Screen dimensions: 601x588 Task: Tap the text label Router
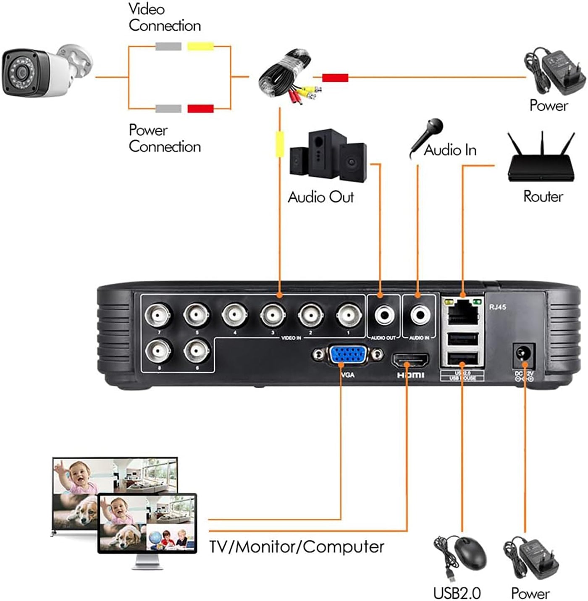[x=543, y=196]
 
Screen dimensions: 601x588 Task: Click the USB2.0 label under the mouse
[x=457, y=593]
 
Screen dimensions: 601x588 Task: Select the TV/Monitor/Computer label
[x=297, y=547]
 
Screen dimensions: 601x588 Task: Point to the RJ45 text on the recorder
[x=498, y=307]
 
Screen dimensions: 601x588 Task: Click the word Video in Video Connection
[x=147, y=9]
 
